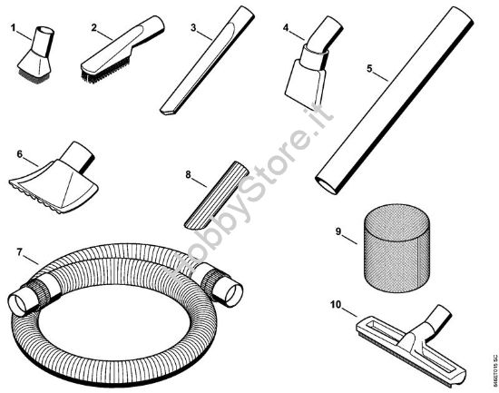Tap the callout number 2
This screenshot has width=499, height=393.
point(94,26)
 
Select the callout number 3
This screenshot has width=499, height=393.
point(194,27)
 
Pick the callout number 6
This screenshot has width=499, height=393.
point(19,154)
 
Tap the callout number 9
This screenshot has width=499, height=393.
point(338,233)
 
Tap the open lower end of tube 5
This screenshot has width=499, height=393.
point(325,184)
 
